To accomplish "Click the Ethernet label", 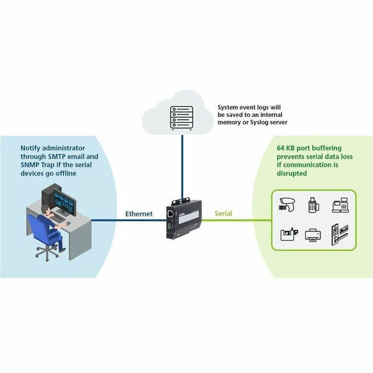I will [139, 213].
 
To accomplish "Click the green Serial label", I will [223, 213].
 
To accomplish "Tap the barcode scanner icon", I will [289, 205].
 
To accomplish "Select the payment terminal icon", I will [313, 205].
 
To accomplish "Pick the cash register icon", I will [339, 205].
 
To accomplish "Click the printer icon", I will [312, 234].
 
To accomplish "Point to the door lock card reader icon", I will [339, 234].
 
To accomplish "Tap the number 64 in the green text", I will [281, 149].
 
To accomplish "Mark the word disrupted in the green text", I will [295, 174].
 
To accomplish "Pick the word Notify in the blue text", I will [32, 149].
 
